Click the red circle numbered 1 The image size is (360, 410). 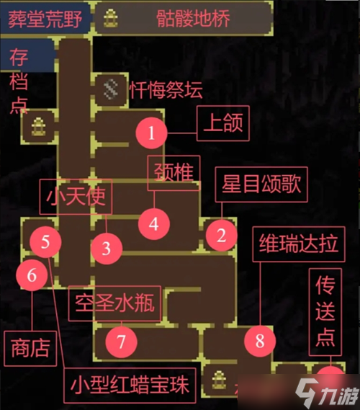(x=151, y=133)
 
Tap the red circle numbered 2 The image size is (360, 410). (x=222, y=236)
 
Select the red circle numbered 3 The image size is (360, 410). (x=107, y=249)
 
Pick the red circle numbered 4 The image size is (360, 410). (x=154, y=224)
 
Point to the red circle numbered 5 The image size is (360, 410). (x=45, y=242)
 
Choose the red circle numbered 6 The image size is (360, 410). (x=32, y=275)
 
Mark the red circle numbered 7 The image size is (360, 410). (x=122, y=342)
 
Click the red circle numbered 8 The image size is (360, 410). (x=260, y=342)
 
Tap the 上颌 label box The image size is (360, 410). (x=223, y=123)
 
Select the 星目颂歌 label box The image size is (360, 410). (x=261, y=184)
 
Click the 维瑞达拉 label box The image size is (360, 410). (x=299, y=244)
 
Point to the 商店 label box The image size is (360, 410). (x=30, y=349)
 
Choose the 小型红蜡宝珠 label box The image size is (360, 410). (x=130, y=386)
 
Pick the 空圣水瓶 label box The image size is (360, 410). (x=114, y=303)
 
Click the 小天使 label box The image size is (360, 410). (x=76, y=197)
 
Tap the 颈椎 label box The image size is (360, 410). (x=174, y=173)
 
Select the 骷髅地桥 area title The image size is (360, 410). (x=193, y=18)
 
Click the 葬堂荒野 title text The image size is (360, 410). (x=45, y=19)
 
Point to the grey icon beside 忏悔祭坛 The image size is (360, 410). (x=111, y=89)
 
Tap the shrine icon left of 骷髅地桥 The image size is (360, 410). (x=110, y=18)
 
